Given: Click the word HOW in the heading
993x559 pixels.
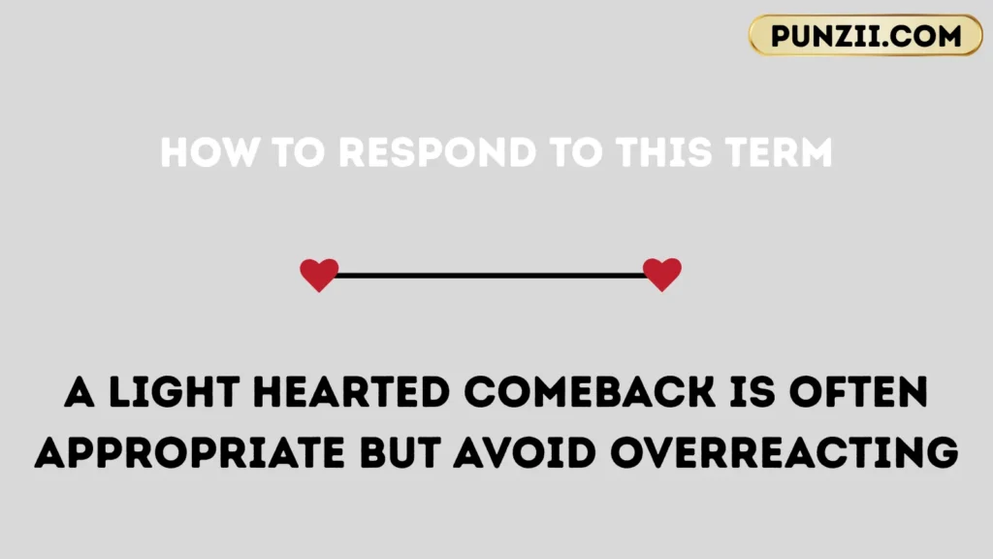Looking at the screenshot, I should point(199,152).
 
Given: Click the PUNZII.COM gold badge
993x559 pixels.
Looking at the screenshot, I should point(865,36).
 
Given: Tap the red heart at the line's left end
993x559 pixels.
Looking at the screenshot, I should point(319,275).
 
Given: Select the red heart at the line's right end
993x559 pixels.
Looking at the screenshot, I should point(662,275).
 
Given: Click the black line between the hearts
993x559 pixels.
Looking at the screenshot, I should point(491,276).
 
